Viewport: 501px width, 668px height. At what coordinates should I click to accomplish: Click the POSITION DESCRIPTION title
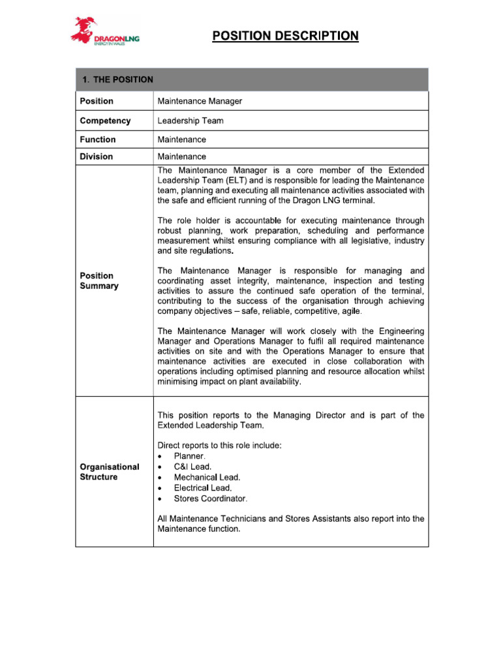(x=285, y=36)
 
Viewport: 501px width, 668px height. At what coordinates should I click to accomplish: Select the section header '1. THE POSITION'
(x=117, y=80)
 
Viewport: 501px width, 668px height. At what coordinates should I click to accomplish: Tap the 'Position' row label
(x=97, y=101)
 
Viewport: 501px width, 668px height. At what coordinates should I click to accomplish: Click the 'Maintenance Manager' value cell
(x=200, y=101)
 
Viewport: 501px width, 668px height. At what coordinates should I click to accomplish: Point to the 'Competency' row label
(x=105, y=121)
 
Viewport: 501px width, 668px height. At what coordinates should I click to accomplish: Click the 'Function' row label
(x=98, y=140)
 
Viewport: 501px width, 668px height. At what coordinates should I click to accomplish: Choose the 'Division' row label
(x=97, y=157)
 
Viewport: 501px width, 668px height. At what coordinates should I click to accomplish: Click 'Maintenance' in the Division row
(x=182, y=157)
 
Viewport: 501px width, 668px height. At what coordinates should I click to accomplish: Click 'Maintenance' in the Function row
(x=182, y=140)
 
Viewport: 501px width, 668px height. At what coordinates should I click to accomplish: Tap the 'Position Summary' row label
(x=99, y=281)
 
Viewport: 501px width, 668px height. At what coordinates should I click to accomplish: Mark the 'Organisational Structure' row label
(x=110, y=472)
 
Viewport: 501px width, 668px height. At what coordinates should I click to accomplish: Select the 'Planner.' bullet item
(x=190, y=456)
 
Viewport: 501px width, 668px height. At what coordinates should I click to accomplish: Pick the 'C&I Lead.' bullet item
(x=192, y=466)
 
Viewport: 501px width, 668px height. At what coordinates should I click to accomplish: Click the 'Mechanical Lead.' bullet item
(x=207, y=477)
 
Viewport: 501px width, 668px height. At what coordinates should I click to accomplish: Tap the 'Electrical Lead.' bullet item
(x=203, y=487)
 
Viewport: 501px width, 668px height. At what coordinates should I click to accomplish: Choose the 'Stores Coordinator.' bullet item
(x=211, y=498)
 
